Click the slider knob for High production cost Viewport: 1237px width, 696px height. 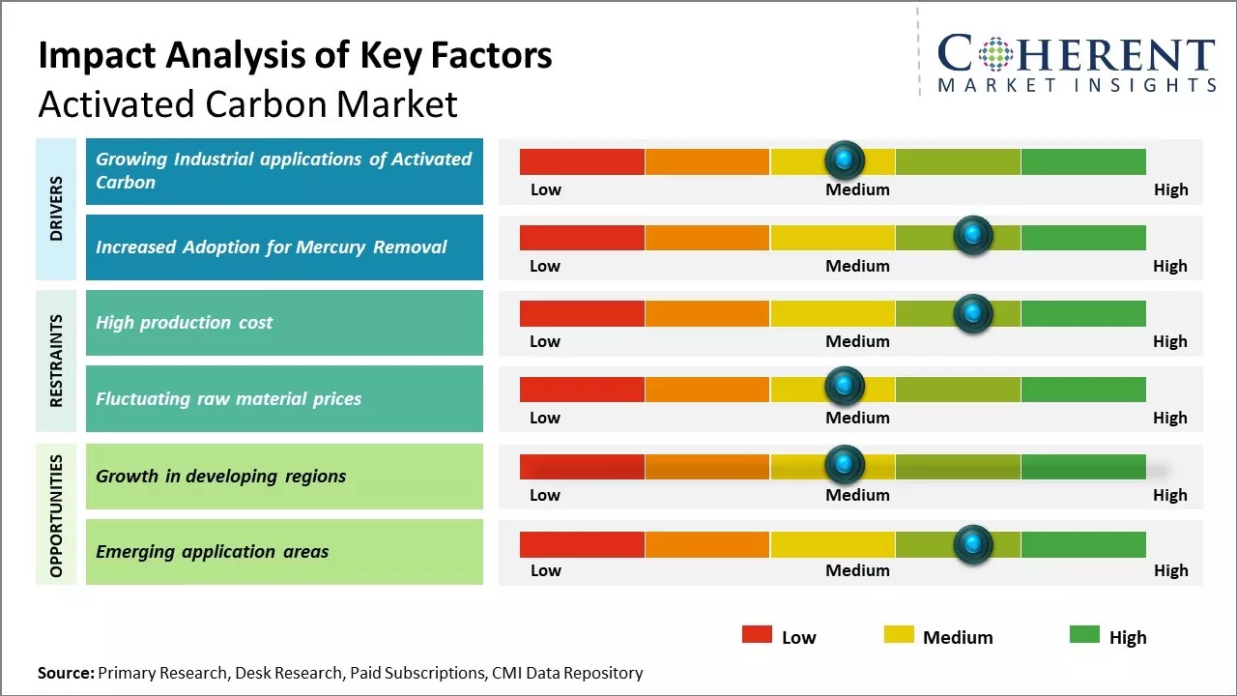click(x=972, y=313)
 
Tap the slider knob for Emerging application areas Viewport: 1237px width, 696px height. click(x=972, y=544)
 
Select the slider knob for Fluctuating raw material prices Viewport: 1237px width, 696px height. click(x=845, y=386)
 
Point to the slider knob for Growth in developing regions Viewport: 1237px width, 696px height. click(x=845, y=465)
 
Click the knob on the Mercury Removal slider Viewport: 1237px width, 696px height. click(x=972, y=235)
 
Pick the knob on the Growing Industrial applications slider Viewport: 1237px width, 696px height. click(x=845, y=159)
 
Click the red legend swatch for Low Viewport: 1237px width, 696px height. click(x=757, y=634)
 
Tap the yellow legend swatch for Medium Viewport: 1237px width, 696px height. click(x=899, y=634)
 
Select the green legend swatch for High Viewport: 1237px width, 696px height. click(x=1084, y=634)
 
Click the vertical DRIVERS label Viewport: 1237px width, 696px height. click(x=56, y=209)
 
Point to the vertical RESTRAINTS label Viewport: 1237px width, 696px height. click(x=56, y=361)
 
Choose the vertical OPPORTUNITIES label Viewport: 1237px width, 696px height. click(x=56, y=515)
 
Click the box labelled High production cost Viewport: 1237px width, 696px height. click(x=284, y=323)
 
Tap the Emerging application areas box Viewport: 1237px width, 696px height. click(x=284, y=552)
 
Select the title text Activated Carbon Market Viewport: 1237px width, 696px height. click(x=247, y=103)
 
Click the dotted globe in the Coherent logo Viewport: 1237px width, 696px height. click(x=995, y=54)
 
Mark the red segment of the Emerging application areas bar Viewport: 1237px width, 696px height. click(x=582, y=544)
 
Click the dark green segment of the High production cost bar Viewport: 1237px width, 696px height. click(x=1082, y=313)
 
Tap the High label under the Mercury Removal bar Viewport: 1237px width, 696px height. click(x=1169, y=266)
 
